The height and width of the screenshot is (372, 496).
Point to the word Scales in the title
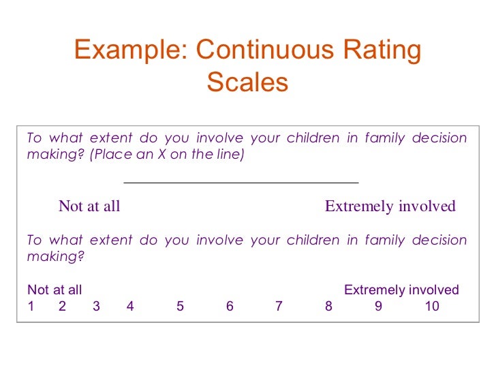(247, 82)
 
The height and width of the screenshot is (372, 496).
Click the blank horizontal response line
(241, 183)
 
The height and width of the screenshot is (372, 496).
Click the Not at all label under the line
(89, 206)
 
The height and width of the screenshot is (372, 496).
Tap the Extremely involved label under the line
(390, 206)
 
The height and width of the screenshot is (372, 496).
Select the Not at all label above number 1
(55, 290)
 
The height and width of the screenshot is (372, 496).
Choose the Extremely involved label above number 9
(401, 290)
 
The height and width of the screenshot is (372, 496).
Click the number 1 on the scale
(31, 307)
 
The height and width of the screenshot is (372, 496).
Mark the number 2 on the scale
(62, 307)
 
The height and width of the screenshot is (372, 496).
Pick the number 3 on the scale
(96, 307)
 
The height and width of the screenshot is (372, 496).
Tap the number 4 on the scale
(130, 307)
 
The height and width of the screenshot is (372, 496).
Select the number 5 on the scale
(180, 307)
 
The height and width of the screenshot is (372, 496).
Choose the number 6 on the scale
(230, 307)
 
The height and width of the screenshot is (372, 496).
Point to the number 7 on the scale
(279, 307)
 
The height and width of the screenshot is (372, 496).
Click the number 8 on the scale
(328, 307)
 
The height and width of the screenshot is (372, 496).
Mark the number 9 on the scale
(378, 307)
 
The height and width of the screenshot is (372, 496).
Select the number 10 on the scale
(432, 307)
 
